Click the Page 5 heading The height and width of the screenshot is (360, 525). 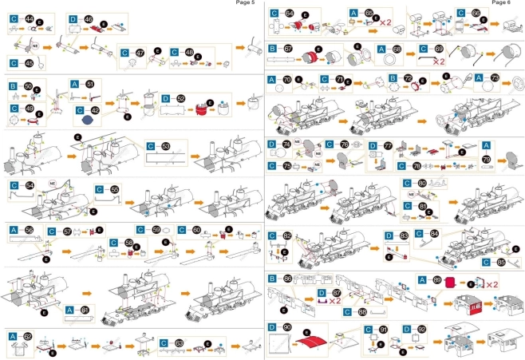[x=246, y=3]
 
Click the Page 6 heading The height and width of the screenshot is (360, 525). [x=502, y=3]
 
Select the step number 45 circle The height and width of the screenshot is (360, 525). [x=29, y=62]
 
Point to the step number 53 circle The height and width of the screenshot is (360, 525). [x=165, y=147]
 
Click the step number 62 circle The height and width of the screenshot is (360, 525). [x=29, y=337]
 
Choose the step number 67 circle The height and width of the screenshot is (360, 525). [x=288, y=49]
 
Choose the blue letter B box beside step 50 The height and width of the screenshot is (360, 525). [x=14, y=85]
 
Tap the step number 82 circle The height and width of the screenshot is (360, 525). [x=287, y=236]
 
